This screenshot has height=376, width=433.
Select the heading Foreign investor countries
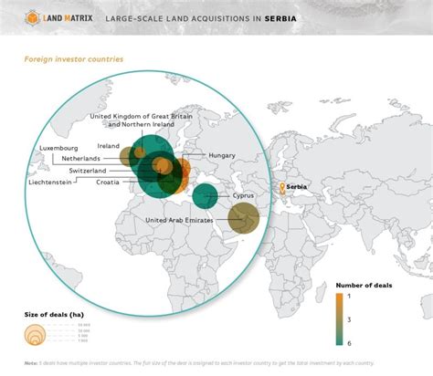click(x=73, y=59)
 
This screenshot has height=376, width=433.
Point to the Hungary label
click(x=222, y=155)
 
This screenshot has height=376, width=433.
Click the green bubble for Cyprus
click(x=206, y=194)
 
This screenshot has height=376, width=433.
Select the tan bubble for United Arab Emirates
click(x=244, y=219)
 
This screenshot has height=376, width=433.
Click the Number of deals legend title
click(x=364, y=285)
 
